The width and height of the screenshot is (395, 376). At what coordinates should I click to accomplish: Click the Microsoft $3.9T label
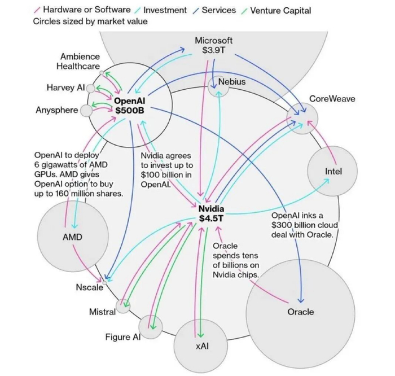(214, 45)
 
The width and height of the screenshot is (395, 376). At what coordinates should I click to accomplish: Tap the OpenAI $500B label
(129, 106)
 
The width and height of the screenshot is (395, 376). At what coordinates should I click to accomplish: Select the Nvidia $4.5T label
(211, 213)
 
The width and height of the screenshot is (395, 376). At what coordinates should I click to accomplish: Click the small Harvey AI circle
(91, 89)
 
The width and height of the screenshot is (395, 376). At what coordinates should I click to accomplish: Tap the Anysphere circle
(86, 111)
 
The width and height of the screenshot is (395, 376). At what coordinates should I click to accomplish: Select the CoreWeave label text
(332, 99)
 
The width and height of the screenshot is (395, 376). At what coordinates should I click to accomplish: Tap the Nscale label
(89, 287)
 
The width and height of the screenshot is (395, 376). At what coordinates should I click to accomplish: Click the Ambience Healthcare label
(78, 61)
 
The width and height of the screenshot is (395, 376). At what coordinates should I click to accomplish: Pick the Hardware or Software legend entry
(82, 10)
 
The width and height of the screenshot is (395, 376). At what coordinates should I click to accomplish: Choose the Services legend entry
(214, 10)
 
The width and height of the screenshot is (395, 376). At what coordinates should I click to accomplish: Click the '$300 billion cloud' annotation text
(304, 225)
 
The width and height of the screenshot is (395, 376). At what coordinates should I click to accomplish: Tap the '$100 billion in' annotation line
(166, 174)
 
